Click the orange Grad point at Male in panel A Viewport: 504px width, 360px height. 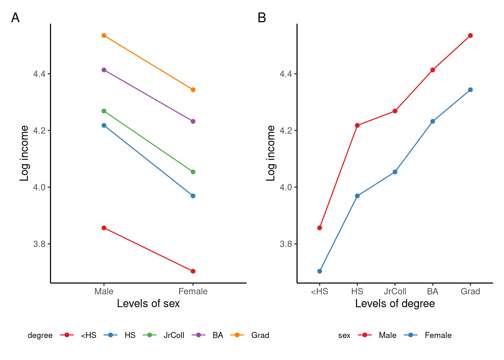(104, 36)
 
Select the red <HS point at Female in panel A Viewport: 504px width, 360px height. (193, 271)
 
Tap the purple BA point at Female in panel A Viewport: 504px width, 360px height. (193, 121)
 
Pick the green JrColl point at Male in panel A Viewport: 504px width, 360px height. (104, 111)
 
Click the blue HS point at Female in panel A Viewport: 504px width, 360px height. (193, 196)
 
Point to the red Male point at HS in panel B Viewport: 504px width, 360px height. (357, 125)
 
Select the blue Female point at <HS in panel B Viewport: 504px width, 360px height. (319, 271)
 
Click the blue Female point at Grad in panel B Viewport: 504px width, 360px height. (470, 90)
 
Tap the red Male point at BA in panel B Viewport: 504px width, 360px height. (433, 70)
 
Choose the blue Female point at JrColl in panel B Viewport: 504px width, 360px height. (395, 172)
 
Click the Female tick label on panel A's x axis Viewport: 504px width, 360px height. (193, 292)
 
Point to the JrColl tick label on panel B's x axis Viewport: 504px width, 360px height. (395, 292)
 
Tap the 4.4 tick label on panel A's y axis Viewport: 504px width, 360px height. (39, 74)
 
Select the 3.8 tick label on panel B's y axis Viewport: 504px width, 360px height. (286, 244)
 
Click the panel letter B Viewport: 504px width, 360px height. (262, 18)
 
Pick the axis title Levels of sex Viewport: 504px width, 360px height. (148, 303)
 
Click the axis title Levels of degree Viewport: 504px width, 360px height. (395, 303)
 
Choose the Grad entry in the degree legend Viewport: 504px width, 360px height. (260, 335)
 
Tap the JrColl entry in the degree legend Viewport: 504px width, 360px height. (174, 335)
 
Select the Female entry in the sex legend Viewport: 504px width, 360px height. (438, 335)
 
